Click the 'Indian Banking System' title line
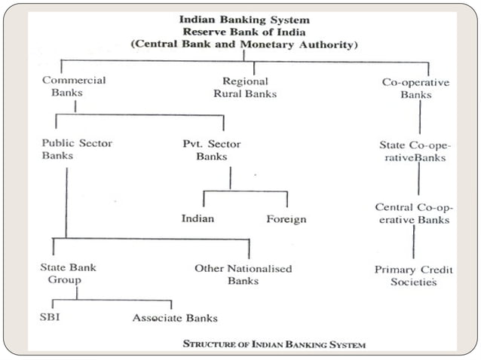243,20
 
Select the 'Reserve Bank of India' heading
243,32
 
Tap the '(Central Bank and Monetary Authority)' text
243,44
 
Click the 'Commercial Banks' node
74,87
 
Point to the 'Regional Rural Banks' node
250,87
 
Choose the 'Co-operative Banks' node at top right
416,87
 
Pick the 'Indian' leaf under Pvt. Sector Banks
198,219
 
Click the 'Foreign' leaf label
286,219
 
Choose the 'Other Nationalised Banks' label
243,274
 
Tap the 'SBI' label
51,316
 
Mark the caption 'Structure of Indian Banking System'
274,344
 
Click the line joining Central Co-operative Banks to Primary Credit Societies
413,243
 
